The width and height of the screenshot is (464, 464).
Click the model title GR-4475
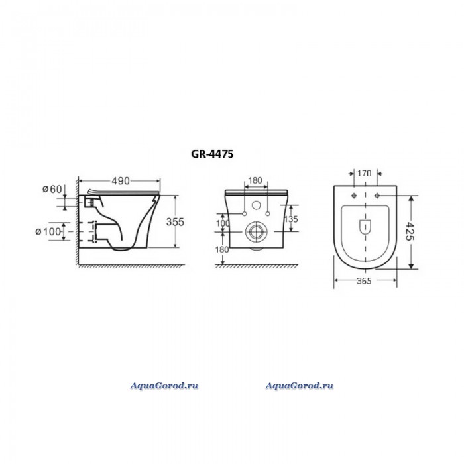[x=212, y=154]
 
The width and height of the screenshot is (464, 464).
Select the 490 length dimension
[x=121, y=181]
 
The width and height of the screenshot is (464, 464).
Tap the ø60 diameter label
[x=52, y=189]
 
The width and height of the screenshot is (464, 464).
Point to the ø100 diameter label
[x=48, y=231]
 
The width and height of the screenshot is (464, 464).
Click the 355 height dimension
[x=175, y=221]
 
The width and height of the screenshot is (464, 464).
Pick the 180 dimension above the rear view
[x=255, y=180]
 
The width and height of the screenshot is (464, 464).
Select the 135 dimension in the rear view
[x=291, y=219]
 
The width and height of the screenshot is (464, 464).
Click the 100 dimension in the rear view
[x=223, y=223]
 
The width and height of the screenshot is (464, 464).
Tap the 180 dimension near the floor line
[x=222, y=249]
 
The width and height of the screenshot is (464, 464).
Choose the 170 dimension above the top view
[x=364, y=173]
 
